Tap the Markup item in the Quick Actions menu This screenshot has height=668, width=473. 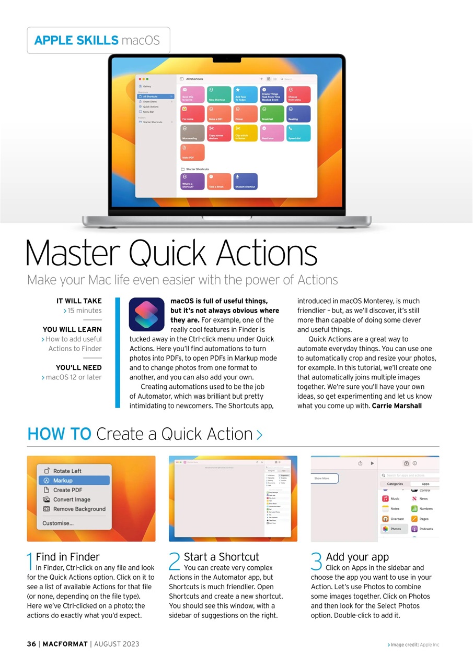pyautogui.click(x=63, y=480)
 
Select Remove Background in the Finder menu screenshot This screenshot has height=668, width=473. pyautogui.click(x=79, y=509)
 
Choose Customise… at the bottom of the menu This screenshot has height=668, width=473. pyautogui.click(x=58, y=523)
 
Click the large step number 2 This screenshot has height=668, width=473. pyautogui.click(x=175, y=562)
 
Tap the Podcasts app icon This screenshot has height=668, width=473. pyautogui.click(x=414, y=529)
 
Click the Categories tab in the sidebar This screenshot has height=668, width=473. pyautogui.click(x=395, y=484)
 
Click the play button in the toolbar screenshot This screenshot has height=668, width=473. pyautogui.click(x=372, y=463)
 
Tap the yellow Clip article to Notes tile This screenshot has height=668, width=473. pyautogui.click(x=245, y=133)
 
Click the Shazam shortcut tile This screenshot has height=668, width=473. pyautogui.click(x=245, y=181)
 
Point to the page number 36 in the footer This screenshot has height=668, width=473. pyautogui.click(x=32, y=644)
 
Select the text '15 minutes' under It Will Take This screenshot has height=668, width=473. pyautogui.click(x=84, y=311)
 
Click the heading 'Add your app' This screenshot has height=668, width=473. pyautogui.click(x=357, y=557)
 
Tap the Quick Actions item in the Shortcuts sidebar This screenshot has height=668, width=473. pyautogui.click(x=151, y=106)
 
